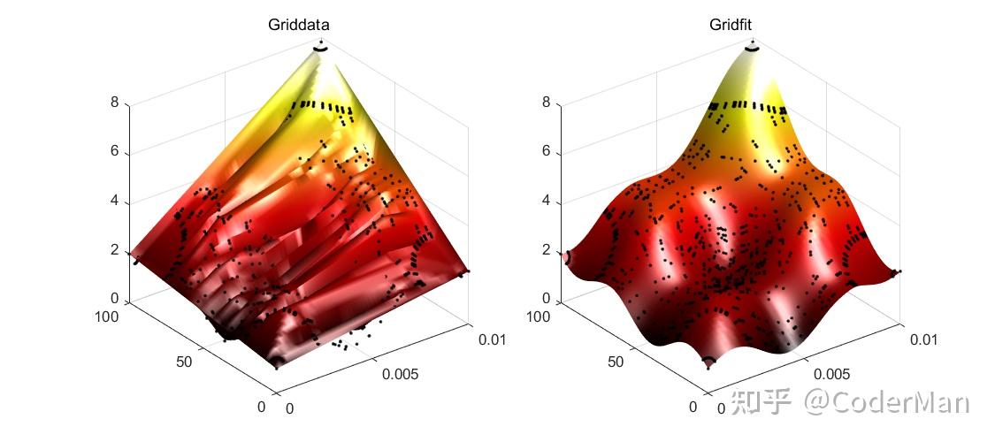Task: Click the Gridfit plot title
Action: tap(731, 25)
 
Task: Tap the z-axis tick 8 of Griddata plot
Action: tap(114, 103)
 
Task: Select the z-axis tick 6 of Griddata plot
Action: tap(114, 153)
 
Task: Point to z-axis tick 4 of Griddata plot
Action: tap(114, 202)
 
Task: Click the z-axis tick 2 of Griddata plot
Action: tap(114, 252)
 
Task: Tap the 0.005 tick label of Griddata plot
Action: tap(400, 374)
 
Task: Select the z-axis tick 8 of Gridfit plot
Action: tap(546, 103)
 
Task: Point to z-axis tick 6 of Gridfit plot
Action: tap(546, 152)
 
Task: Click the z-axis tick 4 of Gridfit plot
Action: tap(546, 202)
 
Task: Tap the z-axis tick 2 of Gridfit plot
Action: tap(546, 251)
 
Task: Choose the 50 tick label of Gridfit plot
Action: tap(616, 361)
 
